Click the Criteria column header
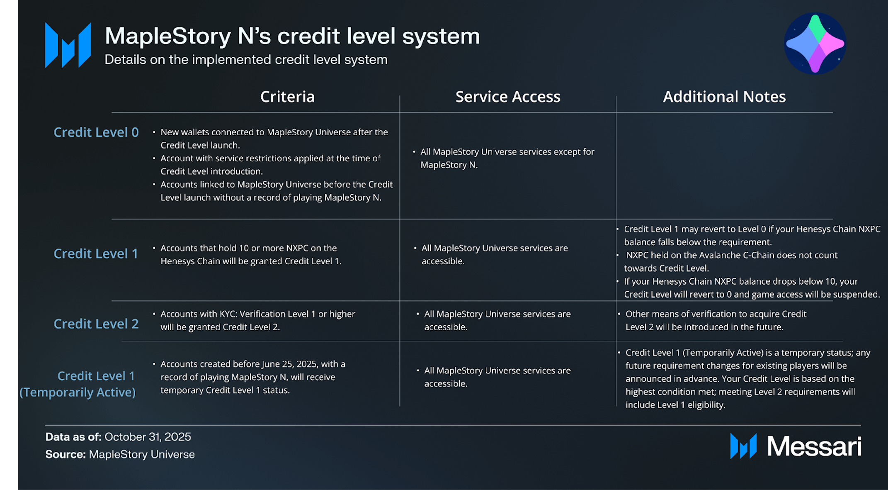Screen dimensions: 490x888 [x=287, y=97]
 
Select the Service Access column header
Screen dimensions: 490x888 [x=508, y=97]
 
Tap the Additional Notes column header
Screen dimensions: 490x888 [x=724, y=97]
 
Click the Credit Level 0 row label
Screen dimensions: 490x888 [x=96, y=132]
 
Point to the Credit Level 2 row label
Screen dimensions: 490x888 [x=96, y=324]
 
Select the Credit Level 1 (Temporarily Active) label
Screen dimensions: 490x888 [x=78, y=384]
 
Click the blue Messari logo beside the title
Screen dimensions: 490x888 [x=68, y=45]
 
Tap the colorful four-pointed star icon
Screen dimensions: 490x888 [x=815, y=44]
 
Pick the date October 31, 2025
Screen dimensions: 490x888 [x=148, y=437]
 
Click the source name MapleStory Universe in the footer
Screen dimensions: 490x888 [x=142, y=454]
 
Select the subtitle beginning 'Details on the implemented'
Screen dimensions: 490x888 [x=246, y=60]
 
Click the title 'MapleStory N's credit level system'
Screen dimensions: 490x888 [x=292, y=36]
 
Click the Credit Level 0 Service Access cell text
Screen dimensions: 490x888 [x=507, y=158]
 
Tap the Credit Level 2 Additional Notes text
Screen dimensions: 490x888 [x=716, y=320]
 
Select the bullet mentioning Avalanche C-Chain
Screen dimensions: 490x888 [x=730, y=261]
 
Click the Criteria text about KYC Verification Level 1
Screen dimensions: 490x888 [x=257, y=320]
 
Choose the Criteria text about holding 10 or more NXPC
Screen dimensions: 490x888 [x=250, y=254]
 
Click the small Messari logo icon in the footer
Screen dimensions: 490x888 [x=743, y=446]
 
